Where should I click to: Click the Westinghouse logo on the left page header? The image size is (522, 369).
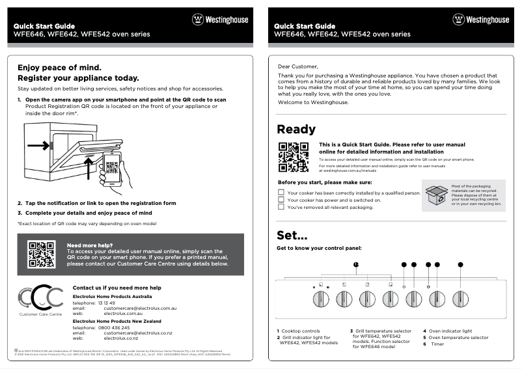(220, 20)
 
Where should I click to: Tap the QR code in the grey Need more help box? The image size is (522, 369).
(40, 254)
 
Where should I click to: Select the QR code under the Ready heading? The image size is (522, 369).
(293, 157)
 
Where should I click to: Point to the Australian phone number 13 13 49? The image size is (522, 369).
(106, 303)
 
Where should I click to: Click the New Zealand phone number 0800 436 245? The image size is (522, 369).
(111, 327)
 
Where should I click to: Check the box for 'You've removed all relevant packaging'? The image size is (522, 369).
(281, 208)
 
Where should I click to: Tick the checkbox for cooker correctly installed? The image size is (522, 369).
(281, 193)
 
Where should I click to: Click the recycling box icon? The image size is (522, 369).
(435, 195)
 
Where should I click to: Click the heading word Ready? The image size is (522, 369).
(296, 129)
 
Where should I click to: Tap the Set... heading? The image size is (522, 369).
(292, 235)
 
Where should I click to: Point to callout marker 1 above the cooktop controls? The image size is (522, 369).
(356, 264)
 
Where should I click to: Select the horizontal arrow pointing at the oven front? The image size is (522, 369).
(38, 146)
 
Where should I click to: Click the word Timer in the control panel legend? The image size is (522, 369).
(437, 344)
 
